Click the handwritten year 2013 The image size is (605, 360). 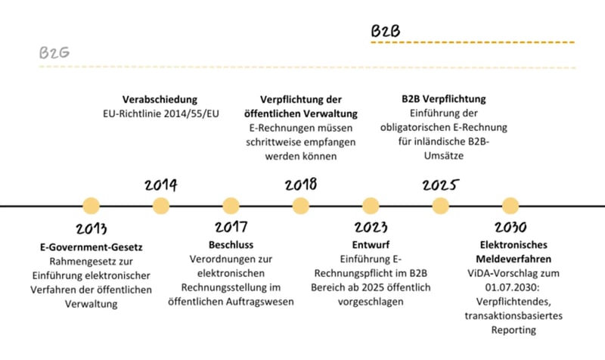[92, 228]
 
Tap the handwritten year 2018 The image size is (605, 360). [300, 185]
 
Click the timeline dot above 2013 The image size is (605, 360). [91, 206]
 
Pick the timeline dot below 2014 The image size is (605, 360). [160, 206]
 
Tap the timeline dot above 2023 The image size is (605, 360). [371, 206]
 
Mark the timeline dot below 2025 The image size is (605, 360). [440, 206]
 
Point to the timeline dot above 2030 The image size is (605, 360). [510, 206]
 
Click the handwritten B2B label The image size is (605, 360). [385, 31]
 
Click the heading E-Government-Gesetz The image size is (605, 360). [92, 247]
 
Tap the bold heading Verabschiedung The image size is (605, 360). [160, 99]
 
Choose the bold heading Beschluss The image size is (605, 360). [231, 245]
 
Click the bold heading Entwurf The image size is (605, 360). [371, 245]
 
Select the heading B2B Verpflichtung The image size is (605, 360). [443, 99]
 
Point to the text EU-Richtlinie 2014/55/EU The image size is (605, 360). [160, 113]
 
